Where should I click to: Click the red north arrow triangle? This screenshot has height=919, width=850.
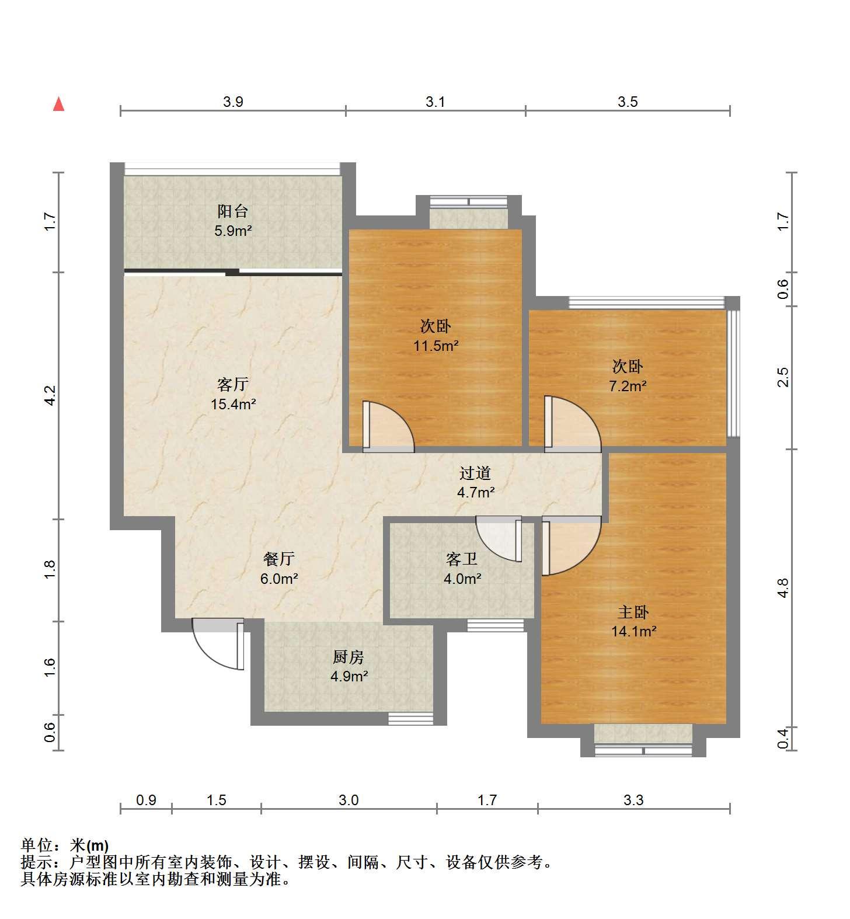pos(58,105)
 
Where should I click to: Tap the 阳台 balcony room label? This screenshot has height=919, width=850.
pos(233,211)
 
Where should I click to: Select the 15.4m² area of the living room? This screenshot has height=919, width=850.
pos(234,404)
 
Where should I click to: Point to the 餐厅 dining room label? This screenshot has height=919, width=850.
pos(279,559)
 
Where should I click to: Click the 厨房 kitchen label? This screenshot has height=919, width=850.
pos(349,657)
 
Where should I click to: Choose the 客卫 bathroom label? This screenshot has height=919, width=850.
pos(462,559)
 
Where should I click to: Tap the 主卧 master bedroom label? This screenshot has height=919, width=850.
pos(633,612)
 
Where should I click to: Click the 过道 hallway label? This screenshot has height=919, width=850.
pos(475,473)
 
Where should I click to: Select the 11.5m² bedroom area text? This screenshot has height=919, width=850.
pos(436,346)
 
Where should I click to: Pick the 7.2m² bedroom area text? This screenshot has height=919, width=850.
pos(628,386)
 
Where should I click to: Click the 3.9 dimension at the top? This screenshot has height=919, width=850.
pos(233,102)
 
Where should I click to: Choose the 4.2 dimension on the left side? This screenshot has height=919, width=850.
pos(51,395)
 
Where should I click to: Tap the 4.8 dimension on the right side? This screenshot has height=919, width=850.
pos(783,588)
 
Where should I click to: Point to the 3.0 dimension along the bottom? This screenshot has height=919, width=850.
pos(349,799)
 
